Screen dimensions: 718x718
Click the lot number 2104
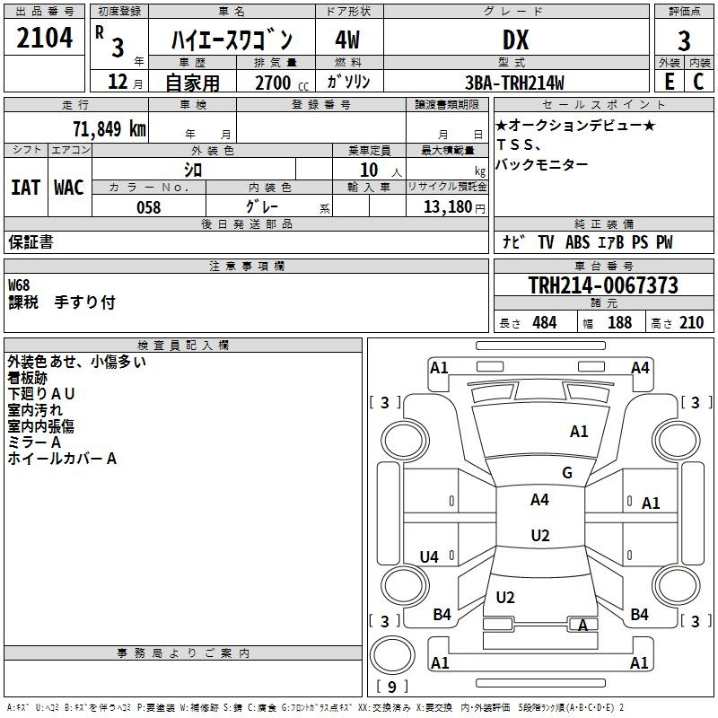tap(44, 38)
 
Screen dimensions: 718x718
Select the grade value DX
tap(515, 39)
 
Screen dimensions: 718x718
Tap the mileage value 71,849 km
tap(109, 128)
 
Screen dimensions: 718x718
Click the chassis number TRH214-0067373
tap(603, 285)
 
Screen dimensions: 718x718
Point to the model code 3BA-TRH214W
tap(514, 83)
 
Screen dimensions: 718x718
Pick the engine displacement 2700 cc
tap(282, 83)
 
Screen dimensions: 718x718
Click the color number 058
tap(149, 207)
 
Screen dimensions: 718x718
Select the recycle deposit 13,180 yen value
tap(454, 207)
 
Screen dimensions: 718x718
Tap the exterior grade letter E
tap(669, 82)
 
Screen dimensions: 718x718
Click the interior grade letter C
tap(698, 82)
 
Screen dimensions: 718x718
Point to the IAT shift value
tap(25, 188)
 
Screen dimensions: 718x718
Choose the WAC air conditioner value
tap(69, 188)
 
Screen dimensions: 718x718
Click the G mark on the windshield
tap(567, 472)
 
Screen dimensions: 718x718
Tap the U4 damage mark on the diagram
tap(429, 556)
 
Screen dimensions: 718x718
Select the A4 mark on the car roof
tap(539, 499)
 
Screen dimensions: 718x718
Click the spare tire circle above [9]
tap(392, 656)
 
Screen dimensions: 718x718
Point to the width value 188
tap(619, 322)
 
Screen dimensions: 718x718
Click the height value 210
tap(691, 322)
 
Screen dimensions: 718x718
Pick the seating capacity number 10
tap(369, 170)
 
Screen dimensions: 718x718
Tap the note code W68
tap(19, 285)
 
